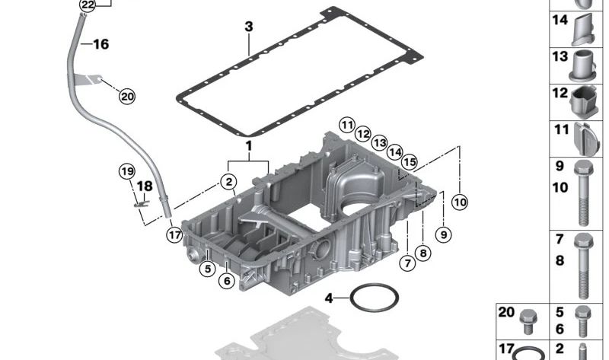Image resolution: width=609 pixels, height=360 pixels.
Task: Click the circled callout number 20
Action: (x=126, y=96)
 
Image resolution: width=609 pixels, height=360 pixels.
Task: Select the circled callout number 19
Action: (x=127, y=171)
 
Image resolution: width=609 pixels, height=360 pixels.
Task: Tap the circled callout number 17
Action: (x=175, y=234)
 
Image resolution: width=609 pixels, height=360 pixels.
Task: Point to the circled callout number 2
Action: (x=227, y=181)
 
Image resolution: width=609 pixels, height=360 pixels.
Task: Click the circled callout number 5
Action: (x=207, y=268)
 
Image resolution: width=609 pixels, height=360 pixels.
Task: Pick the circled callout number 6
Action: (x=226, y=281)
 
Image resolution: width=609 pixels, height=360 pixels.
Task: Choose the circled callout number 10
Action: (x=459, y=202)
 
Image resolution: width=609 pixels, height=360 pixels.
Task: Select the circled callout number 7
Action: (x=407, y=263)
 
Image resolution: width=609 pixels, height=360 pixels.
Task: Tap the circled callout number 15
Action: (x=410, y=162)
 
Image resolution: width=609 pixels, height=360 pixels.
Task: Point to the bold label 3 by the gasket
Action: (x=248, y=27)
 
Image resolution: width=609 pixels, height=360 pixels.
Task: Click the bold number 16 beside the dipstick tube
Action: (x=100, y=44)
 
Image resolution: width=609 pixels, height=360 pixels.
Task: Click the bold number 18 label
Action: (x=144, y=186)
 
